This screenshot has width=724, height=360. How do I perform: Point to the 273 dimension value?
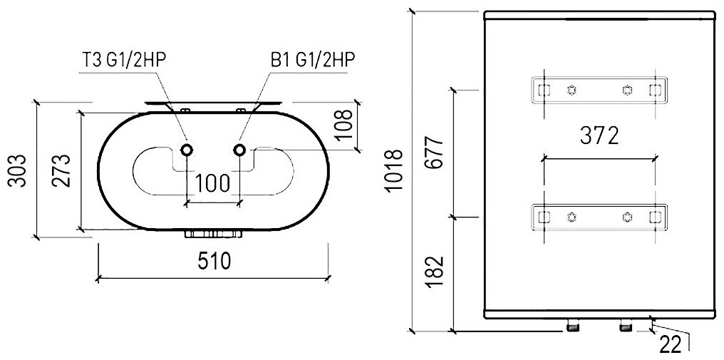click(63, 170)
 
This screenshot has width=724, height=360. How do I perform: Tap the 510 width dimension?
click(212, 262)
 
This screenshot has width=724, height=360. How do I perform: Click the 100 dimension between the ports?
click(212, 183)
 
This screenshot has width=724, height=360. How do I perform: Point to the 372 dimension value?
click(598, 135)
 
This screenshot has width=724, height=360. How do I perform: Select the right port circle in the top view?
click(239, 150)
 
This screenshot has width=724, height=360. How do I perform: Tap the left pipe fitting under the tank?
click(572, 327)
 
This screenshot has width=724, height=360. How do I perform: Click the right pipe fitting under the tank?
click(626, 327)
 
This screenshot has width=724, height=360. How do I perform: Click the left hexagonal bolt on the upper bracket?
click(571, 90)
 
